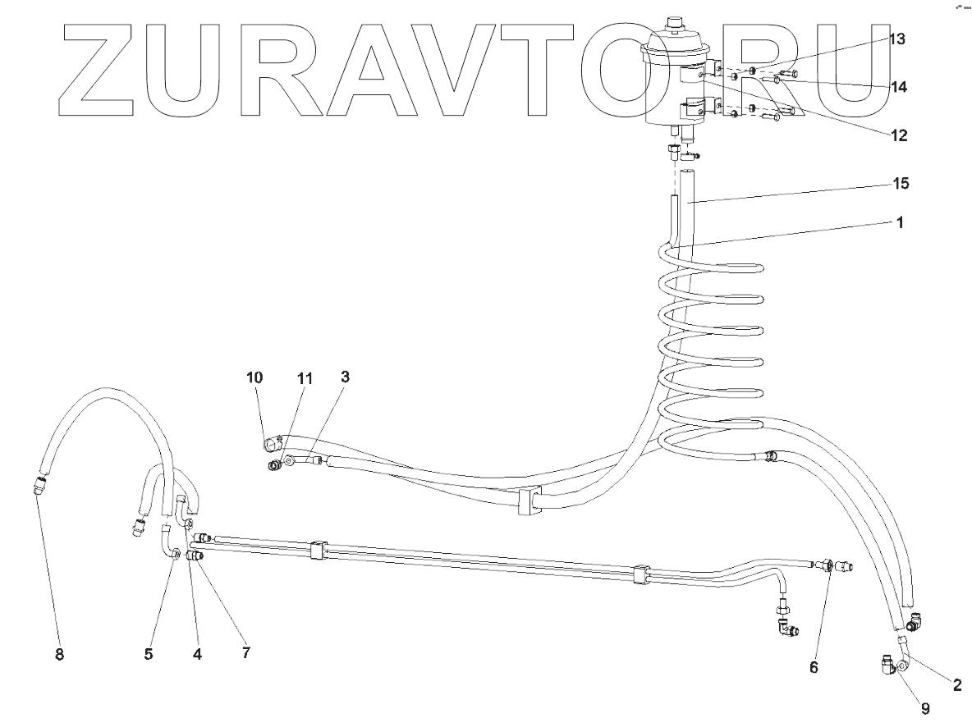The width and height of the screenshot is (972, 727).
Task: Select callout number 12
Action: (898, 136)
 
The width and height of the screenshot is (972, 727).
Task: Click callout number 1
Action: (900, 222)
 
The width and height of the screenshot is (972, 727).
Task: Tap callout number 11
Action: (305, 378)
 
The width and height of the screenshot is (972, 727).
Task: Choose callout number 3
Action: (346, 377)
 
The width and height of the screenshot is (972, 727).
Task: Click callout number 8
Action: (59, 654)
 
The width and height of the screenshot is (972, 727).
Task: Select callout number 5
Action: (149, 654)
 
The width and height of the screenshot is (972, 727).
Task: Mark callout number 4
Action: (197, 654)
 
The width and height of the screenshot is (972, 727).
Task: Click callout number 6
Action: (814, 667)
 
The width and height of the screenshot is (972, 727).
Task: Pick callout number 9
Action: (926, 708)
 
